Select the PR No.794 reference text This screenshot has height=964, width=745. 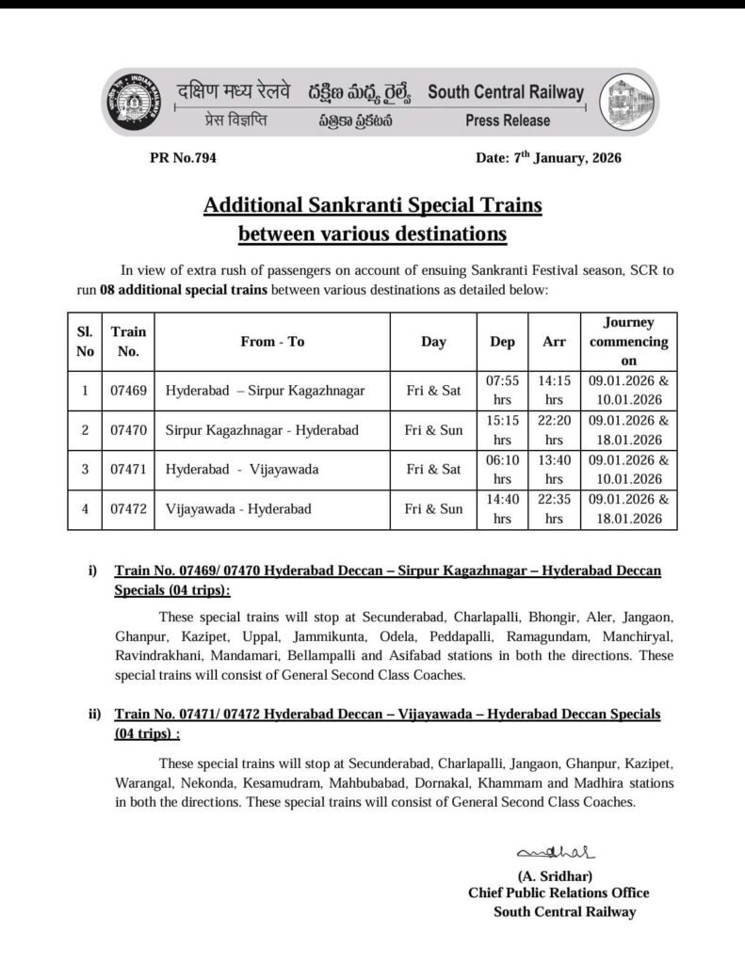183,158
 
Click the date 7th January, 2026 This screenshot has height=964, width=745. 548,158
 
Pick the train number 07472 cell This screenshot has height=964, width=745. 127,509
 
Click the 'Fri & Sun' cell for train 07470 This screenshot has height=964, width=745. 433,430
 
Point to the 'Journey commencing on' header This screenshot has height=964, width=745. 628,342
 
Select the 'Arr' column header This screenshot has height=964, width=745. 554,342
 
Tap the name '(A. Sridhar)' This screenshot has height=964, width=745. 554,876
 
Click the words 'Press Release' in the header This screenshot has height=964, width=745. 507,120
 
